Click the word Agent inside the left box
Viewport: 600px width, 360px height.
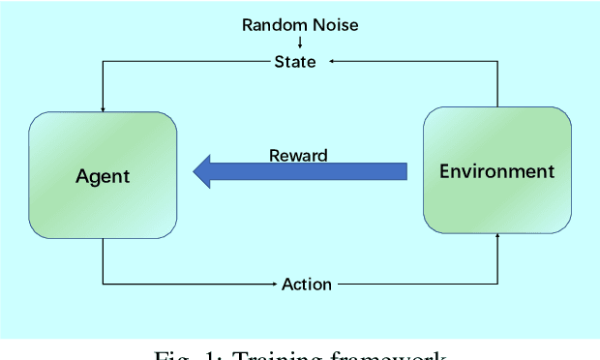[102, 176]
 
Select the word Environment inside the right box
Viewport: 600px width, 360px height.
[497, 172]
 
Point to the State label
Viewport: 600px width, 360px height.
[299, 62]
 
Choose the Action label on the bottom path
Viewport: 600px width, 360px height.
[307, 284]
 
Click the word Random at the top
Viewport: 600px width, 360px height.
[270, 23]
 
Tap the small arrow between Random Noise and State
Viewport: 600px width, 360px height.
[299, 43]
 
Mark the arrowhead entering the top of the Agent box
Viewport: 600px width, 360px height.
[103, 107]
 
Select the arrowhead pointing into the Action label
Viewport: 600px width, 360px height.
[275, 284]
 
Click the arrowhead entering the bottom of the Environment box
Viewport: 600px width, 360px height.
[497, 237]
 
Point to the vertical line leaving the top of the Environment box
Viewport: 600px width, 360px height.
[497, 85]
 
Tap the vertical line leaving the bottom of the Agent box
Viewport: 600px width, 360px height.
[103, 261]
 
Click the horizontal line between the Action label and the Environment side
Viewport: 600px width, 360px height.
[416, 284]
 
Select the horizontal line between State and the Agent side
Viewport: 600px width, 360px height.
[184, 62]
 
